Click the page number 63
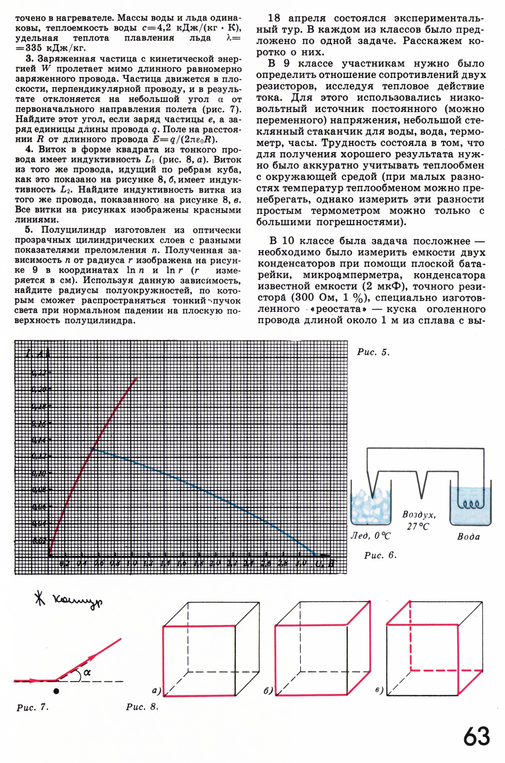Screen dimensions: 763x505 pyautogui.click(x=477, y=736)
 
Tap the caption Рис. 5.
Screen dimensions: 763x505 pyautogui.click(x=373, y=352)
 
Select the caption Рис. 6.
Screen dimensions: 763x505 pyautogui.click(x=380, y=555)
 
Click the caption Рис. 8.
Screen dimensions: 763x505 pyautogui.click(x=142, y=707)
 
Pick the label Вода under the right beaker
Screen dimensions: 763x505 pyautogui.click(x=468, y=537)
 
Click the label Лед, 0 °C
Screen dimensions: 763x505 pyautogui.click(x=371, y=536)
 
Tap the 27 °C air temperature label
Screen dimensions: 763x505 pyautogui.click(x=418, y=526)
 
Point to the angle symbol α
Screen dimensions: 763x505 pyautogui.click(x=87, y=673)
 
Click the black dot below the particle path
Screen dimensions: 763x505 pyautogui.click(x=56, y=691)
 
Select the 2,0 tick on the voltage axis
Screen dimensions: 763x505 pyautogui.click(x=215, y=563)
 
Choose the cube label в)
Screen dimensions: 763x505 pyautogui.click(x=379, y=690)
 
